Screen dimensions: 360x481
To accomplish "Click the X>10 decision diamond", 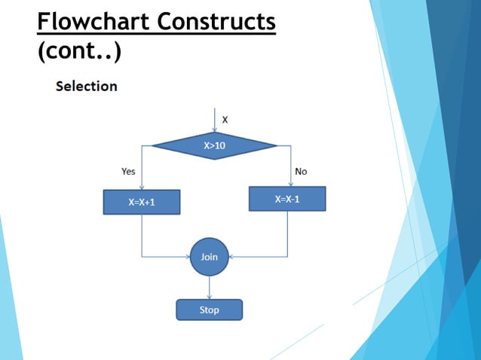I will point(215,145).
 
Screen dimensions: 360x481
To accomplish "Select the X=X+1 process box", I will point(142,202).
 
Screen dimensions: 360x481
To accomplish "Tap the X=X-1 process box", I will point(287,199).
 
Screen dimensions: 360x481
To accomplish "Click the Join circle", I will point(209,257).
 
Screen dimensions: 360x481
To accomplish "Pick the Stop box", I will point(209,310).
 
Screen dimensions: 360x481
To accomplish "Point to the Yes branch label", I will point(128,172).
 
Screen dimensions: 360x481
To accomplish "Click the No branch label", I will point(301,172).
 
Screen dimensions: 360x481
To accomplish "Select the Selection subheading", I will point(87,86).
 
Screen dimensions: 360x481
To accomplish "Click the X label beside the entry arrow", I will point(225,119).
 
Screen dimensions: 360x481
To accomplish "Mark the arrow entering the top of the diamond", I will point(215,121).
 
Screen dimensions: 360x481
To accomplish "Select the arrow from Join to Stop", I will point(209,288).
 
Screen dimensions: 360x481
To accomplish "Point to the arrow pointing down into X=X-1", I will point(290,169).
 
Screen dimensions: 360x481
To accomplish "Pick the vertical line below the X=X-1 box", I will point(287,233).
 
